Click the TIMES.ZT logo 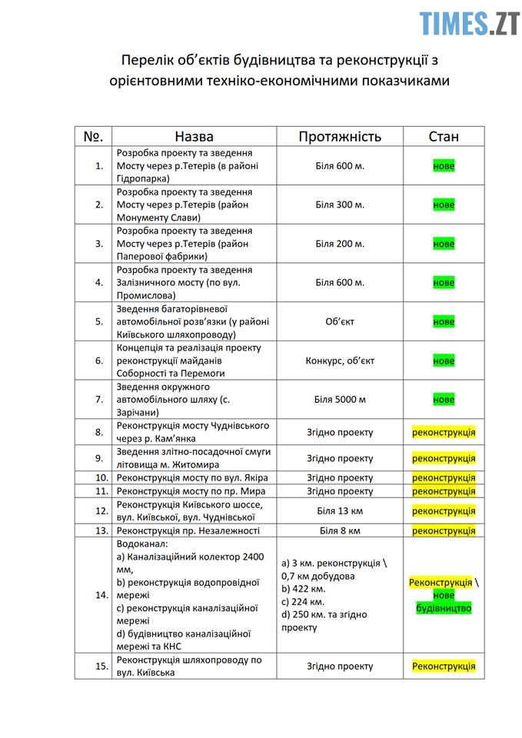tap(469, 23)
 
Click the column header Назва tap(194, 136)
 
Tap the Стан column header tap(444, 136)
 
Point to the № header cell tap(93, 136)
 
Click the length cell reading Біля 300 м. tap(339, 204)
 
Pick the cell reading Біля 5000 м tap(339, 400)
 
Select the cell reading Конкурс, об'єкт tap(339, 361)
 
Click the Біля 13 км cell tap(339, 510)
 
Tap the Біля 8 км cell tap(339, 530)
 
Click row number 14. tap(98, 595)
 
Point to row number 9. tap(98, 457)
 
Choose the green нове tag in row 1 tap(444, 166)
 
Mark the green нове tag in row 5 tap(444, 322)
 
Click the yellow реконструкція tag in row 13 tap(444, 530)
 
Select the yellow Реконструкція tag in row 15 tap(444, 667)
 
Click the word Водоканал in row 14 tap(142, 543)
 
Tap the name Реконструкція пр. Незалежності tap(188, 530)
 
